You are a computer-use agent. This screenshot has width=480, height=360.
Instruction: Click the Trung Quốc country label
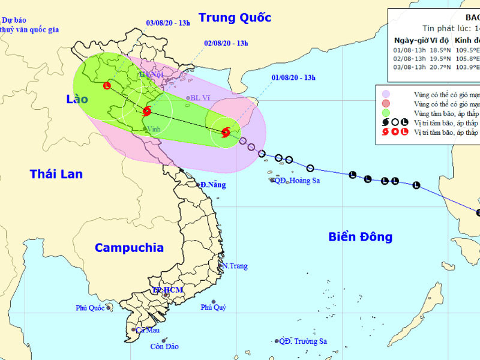235,17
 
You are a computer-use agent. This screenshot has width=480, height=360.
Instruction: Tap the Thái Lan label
56,174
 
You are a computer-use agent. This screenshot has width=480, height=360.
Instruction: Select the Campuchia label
129,247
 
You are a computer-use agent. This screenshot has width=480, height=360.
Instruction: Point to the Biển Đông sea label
360,236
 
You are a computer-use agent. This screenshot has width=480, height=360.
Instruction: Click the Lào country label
77,99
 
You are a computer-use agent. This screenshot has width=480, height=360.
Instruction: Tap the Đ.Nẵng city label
213,185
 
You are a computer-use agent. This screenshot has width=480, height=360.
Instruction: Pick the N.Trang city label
234,266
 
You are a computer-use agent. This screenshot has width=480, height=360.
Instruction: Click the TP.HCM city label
167,290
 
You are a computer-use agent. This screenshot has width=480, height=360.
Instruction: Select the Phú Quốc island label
91,308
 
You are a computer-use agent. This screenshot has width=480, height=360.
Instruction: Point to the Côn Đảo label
165,346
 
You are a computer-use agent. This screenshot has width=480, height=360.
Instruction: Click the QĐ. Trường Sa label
305,341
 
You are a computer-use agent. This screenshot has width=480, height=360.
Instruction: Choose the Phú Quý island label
214,308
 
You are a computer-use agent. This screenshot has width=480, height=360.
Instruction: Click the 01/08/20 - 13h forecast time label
293,77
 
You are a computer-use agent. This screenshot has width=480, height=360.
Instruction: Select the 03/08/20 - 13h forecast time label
168,23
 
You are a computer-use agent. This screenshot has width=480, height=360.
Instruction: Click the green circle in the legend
386,112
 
